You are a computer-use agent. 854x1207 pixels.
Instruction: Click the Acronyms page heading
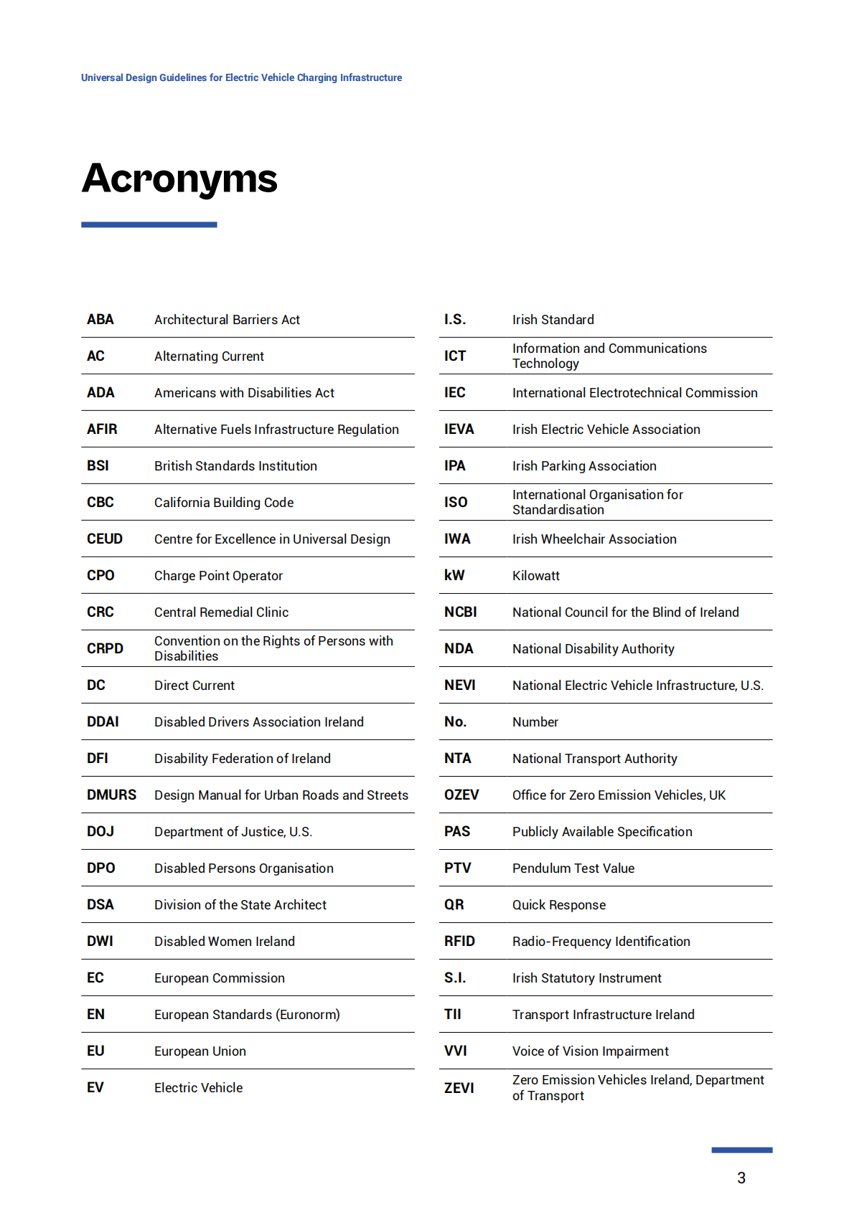coord(179,179)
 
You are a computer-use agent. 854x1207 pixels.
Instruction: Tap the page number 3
coord(741,1178)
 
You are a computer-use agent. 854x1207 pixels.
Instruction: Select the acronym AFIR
coord(102,429)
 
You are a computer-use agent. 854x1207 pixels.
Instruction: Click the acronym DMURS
coord(111,795)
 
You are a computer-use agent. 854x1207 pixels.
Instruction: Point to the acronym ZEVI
coord(459,1088)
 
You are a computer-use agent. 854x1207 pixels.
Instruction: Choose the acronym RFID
coord(459,941)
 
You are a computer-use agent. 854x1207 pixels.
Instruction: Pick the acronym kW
coord(454,575)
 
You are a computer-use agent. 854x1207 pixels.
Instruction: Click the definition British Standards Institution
coord(235,465)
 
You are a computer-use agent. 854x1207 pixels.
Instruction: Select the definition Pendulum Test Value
coord(573,868)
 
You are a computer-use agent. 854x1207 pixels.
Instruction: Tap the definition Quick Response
coord(559,904)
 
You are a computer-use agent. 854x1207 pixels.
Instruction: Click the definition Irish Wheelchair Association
coord(594,539)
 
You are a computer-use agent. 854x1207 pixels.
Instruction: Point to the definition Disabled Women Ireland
coord(225,941)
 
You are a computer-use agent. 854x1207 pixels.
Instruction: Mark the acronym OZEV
coord(461,795)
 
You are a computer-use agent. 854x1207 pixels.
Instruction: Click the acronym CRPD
coord(105,648)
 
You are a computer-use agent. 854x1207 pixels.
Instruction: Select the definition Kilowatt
coord(535,575)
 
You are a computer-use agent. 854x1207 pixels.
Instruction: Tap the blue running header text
coord(241,77)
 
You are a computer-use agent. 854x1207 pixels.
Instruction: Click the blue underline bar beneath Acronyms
coord(149,224)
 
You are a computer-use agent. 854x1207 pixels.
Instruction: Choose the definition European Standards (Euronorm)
coord(247,1014)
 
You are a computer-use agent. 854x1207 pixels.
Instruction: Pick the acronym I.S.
coord(455,319)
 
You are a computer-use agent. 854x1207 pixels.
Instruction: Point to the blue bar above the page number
coord(741,1150)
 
